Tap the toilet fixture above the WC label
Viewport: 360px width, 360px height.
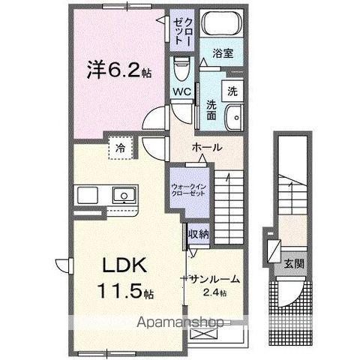click(180, 71)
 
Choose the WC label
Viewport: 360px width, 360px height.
click(181, 91)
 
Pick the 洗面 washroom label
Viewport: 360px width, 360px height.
click(212, 111)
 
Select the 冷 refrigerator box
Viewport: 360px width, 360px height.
click(120, 148)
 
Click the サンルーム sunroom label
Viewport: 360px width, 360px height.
click(214, 278)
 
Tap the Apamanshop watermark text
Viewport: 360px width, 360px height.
click(180, 323)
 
